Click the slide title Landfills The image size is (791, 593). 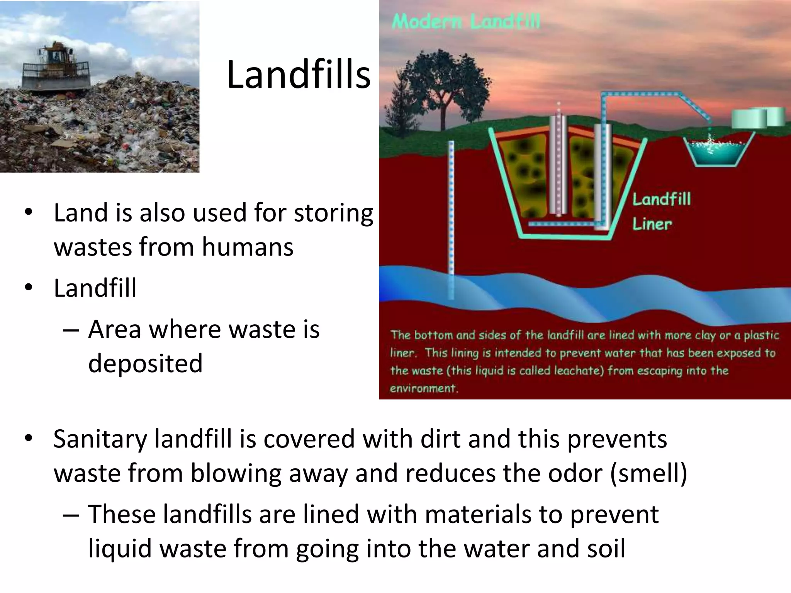coord(298,75)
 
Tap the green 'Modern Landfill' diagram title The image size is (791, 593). coord(466,22)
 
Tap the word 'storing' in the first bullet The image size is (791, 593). coord(333,213)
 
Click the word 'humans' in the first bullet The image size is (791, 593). coord(247,247)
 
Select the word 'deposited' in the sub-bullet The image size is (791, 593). coord(145,363)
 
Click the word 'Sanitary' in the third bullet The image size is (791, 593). coord(100,439)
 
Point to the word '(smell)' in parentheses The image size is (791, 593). coord(648,473)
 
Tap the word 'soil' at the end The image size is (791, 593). coord(606,549)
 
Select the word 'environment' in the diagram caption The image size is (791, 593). coord(423,388)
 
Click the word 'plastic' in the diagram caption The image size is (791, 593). coord(761,335)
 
